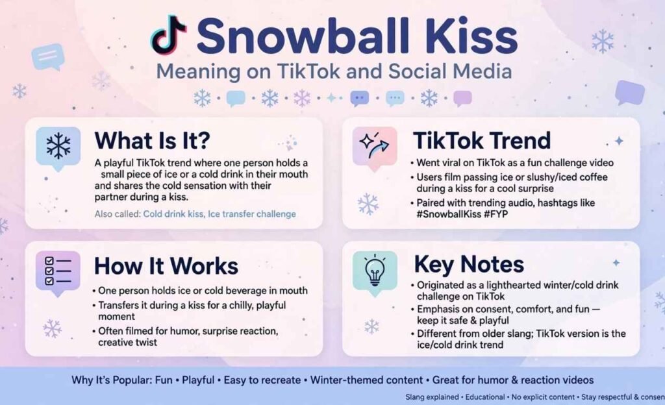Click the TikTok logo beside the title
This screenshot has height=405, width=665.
pos(168,35)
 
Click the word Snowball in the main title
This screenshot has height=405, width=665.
pos(303,36)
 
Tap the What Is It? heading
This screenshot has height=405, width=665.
pos(152,140)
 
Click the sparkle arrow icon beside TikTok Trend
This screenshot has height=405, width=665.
pos(375,146)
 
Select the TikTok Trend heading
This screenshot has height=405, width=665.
pos(483,140)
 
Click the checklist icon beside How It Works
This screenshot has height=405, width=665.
pos(58,271)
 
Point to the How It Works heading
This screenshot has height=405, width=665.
pos(166,266)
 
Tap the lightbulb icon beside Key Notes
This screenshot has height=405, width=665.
pos(375,271)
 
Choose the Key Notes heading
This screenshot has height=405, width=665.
pos(469,264)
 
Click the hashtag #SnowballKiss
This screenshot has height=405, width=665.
pos(449,214)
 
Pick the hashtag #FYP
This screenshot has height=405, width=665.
pos(496,214)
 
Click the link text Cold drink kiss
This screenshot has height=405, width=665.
pos(173,214)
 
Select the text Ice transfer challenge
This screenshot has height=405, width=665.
pos(252,214)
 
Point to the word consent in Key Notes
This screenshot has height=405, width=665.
pos(490,309)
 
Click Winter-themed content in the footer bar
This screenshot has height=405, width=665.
pos(366,380)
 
